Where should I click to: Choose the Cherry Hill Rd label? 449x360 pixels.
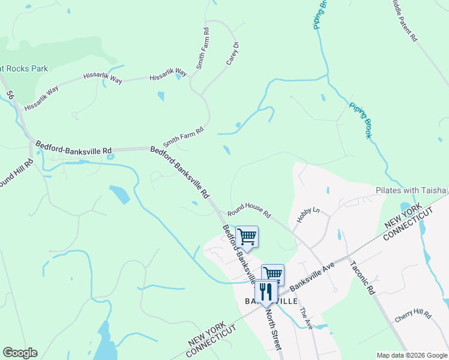tap(413, 316)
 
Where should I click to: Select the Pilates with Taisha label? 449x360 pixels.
tap(411, 190)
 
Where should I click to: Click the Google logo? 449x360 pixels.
tap(20, 353)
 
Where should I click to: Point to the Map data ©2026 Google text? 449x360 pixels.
tap(412, 356)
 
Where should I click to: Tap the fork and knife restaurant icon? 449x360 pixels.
tap(266, 292)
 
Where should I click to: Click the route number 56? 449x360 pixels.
tap(10, 95)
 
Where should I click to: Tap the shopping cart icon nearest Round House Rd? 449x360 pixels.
tap(247, 237)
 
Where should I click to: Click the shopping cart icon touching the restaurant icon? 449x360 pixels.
tap(273, 274)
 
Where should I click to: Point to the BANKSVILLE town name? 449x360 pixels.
tap(270, 301)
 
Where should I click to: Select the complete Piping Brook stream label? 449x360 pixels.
tap(360, 120)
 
